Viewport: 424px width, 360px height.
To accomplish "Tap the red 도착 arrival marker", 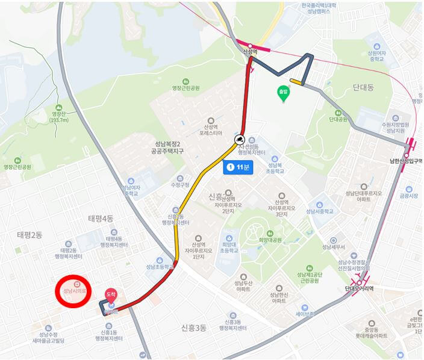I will point(111,294).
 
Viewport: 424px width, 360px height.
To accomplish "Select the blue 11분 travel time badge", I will point(237,167).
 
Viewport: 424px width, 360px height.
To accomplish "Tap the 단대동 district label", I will point(362,88).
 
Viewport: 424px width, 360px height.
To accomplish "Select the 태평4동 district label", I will point(100,219).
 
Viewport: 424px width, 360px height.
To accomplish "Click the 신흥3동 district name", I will point(194,328).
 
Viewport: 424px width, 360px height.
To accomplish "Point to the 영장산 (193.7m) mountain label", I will point(57,116).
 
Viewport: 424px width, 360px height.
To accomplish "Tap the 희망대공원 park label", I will point(270,240).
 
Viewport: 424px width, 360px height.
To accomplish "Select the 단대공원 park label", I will point(338,120).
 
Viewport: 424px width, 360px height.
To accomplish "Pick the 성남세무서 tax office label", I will point(333,247).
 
